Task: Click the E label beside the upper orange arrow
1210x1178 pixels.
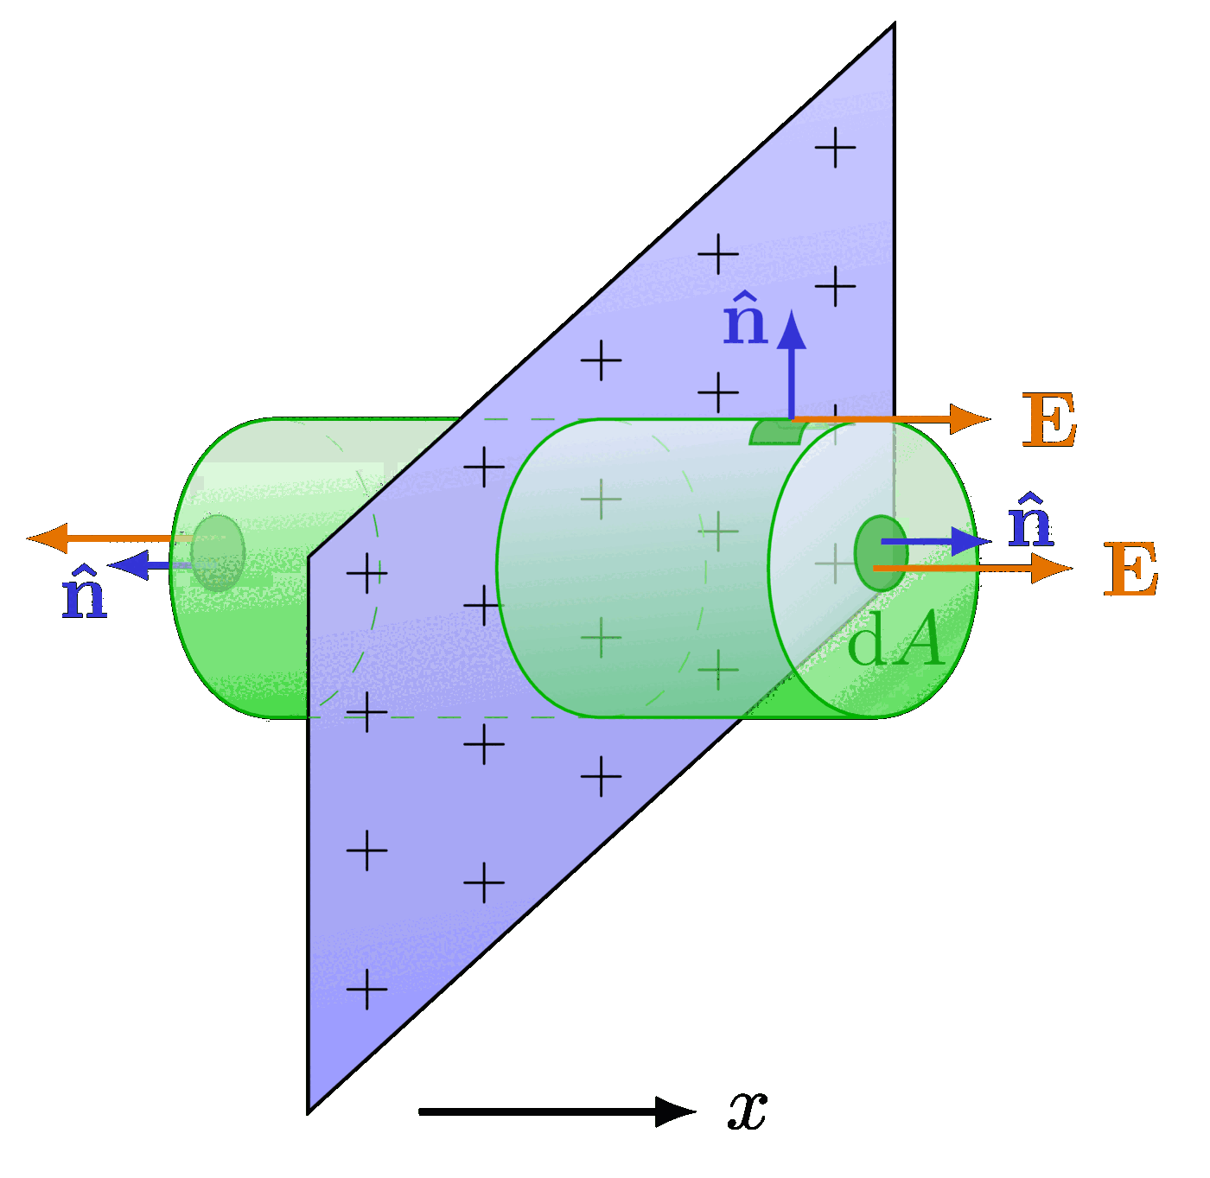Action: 1048,420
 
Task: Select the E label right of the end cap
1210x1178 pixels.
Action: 1130,570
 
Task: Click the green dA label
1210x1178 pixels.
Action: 895,639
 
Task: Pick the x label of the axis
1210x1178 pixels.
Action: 747,1111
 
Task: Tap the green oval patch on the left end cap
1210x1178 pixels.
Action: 218,553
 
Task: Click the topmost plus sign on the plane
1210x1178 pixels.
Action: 835,147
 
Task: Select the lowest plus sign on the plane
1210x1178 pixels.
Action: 366,990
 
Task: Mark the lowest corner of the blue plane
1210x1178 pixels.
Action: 310,1105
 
